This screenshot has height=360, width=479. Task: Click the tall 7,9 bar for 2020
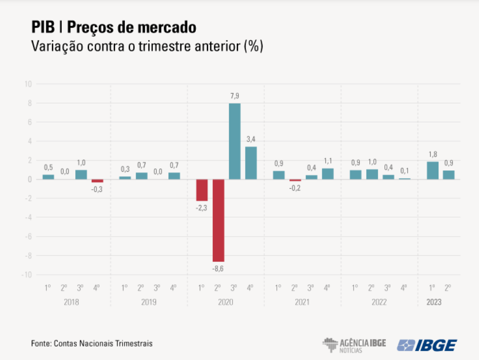[234, 141]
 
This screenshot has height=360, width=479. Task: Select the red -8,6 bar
[218, 220]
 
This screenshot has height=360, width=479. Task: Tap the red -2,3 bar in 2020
[202, 190]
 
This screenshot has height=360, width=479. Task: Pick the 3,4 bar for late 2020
[251, 163]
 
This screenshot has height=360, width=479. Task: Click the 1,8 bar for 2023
[433, 170]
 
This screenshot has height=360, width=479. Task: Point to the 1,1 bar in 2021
[328, 174]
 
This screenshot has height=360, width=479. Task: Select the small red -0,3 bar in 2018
[97, 180]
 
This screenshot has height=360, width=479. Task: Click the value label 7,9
[234, 97]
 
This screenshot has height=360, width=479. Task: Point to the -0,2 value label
[295, 188]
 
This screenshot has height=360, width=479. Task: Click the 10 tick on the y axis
[28, 84]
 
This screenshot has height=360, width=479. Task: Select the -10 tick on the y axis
[27, 275]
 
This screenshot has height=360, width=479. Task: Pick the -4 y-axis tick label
[28, 217]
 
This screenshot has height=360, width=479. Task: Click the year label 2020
[225, 302]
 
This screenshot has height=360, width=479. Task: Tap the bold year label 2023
[433, 302]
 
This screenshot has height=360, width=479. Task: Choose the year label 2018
[71, 302]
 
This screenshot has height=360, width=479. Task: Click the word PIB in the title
[42, 27]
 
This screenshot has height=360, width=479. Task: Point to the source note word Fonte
[41, 344]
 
